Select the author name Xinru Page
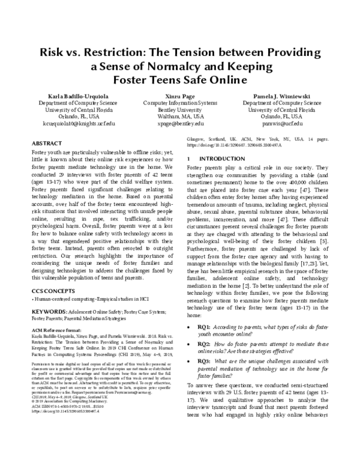[180, 95]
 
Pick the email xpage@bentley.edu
[180, 123]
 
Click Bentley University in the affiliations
[180, 109]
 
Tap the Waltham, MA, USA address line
[180, 116]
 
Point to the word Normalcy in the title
[209, 65]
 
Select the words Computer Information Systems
[180, 102]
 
